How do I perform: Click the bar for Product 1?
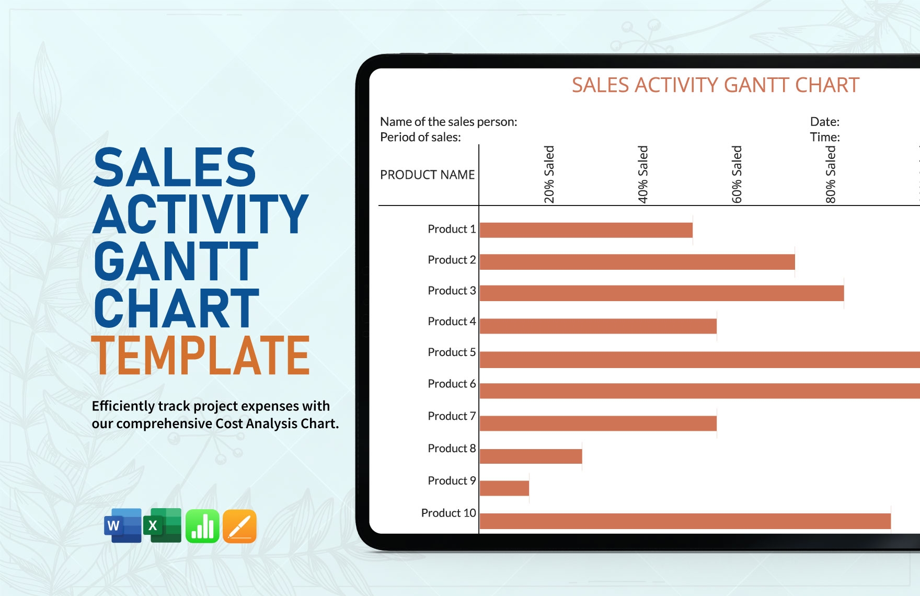click(586, 230)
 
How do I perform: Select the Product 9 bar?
click(504, 488)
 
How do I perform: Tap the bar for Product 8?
click(531, 456)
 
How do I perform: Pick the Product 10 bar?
click(685, 521)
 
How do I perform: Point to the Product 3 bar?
click(661, 293)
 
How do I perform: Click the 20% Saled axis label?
click(549, 174)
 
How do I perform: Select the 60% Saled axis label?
click(737, 174)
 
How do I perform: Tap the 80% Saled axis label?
click(831, 174)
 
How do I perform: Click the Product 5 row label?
click(452, 352)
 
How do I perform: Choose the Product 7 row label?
click(452, 416)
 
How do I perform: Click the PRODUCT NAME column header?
click(427, 175)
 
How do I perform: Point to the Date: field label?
click(824, 122)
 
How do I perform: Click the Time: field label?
click(825, 137)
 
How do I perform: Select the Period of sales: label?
click(420, 137)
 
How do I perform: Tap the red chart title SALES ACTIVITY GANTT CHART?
click(715, 85)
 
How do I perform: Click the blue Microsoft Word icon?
click(123, 525)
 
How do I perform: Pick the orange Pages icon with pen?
click(239, 526)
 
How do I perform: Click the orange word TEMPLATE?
click(201, 356)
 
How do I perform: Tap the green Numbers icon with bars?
click(202, 526)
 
